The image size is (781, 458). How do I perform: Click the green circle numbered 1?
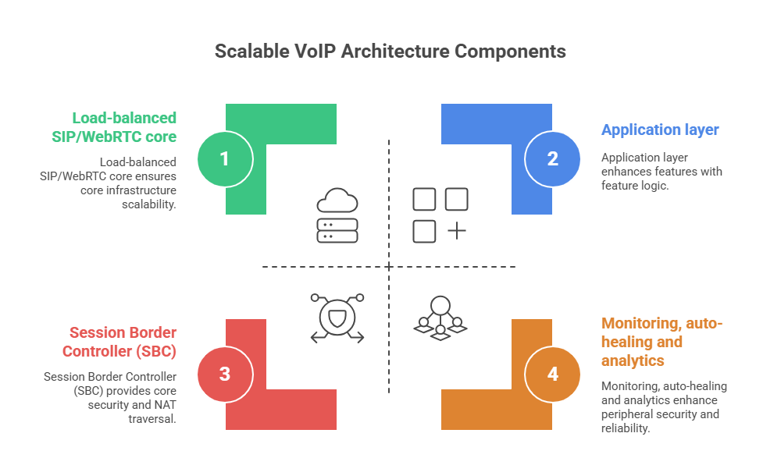(224, 158)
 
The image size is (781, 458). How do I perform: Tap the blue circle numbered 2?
(552, 158)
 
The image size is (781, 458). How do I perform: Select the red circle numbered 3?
(224, 374)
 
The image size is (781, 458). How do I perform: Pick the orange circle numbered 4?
(552, 374)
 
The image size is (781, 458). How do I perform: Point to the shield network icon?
(337, 318)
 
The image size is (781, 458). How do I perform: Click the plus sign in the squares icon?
(456, 231)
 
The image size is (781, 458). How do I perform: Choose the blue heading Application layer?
(660, 130)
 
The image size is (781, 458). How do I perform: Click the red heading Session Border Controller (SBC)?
(119, 341)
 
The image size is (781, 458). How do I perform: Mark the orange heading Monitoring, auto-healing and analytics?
(662, 342)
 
